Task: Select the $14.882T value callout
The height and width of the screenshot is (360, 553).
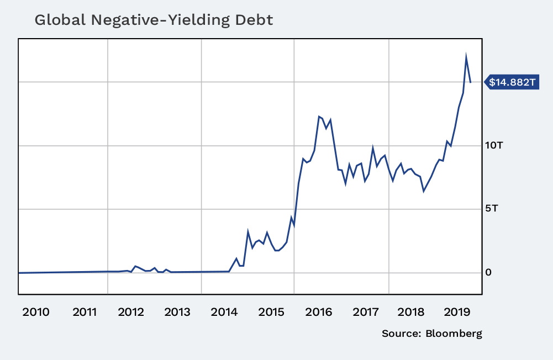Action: click(x=512, y=82)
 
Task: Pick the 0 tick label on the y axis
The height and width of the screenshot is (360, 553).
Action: click(x=489, y=272)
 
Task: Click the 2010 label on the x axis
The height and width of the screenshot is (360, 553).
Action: click(x=35, y=312)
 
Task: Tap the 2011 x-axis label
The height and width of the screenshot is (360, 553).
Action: click(x=85, y=312)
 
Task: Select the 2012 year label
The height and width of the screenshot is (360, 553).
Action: click(x=131, y=312)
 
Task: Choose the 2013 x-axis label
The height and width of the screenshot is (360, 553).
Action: click(x=177, y=312)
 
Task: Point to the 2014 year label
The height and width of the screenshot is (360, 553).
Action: click(x=225, y=312)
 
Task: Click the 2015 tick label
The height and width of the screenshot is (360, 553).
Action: click(x=271, y=312)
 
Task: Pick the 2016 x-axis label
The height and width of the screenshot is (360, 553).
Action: click(x=318, y=312)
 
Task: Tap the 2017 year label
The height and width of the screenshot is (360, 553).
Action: click(x=365, y=312)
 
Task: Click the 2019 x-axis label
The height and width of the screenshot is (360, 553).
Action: click(x=459, y=312)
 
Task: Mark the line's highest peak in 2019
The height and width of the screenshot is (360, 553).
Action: click(x=466, y=55)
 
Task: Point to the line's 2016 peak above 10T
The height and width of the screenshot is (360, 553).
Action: click(x=319, y=117)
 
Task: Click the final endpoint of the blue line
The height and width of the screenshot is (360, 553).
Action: click(x=471, y=82)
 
